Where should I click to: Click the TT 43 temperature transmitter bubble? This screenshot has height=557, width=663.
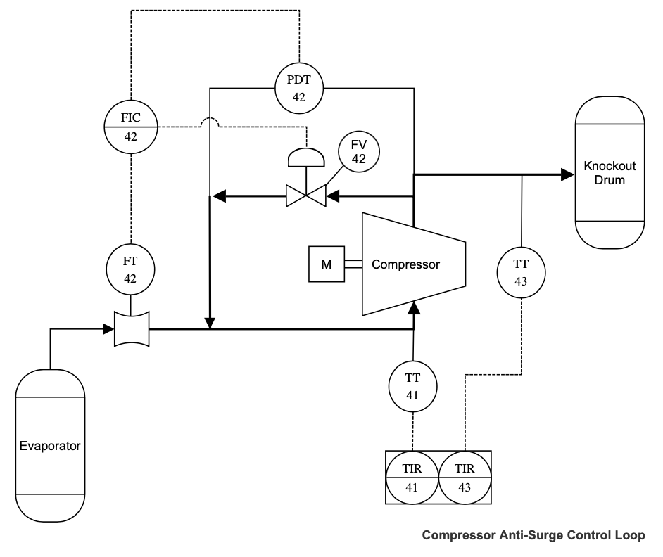tap(521, 273)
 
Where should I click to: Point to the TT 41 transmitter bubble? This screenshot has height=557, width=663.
tap(412, 386)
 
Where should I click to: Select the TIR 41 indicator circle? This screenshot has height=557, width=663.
tap(412, 478)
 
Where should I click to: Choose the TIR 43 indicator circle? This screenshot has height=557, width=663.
tap(465, 478)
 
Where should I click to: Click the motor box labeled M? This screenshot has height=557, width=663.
tap(327, 264)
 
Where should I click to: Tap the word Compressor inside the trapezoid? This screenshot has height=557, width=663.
tap(405, 265)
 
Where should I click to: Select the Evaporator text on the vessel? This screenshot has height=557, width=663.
tap(50, 446)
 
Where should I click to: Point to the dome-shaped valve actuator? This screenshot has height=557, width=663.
tap(307, 158)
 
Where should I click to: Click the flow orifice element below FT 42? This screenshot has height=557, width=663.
tap(132, 328)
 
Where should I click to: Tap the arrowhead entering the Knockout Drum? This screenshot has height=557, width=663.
tap(568, 174)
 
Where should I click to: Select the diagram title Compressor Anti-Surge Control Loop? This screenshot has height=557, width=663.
tap(533, 536)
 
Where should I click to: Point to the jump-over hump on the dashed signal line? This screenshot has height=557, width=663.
tap(211, 122)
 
